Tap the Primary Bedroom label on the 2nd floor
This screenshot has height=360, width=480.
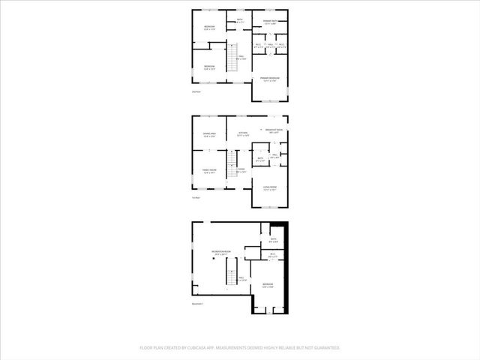click(x=270, y=79)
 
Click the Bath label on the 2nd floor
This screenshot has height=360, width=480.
click(x=241, y=20)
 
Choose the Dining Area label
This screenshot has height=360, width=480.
click(x=209, y=135)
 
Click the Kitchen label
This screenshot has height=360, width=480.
click(x=243, y=135)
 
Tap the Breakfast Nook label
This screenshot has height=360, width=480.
click(x=276, y=130)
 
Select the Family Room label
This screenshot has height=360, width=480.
click(x=209, y=172)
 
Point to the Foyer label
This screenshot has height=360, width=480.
click(x=241, y=171)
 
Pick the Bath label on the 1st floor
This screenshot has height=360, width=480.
click(x=259, y=159)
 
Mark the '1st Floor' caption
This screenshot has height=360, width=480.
click(x=196, y=198)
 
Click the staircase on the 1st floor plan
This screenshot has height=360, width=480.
click(x=232, y=160)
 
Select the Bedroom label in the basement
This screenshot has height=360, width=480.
click(x=268, y=285)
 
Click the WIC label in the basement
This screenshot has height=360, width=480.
click(x=274, y=255)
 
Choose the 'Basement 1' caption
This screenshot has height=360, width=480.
click(x=199, y=303)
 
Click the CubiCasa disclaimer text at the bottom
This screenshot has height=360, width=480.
click(x=240, y=348)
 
